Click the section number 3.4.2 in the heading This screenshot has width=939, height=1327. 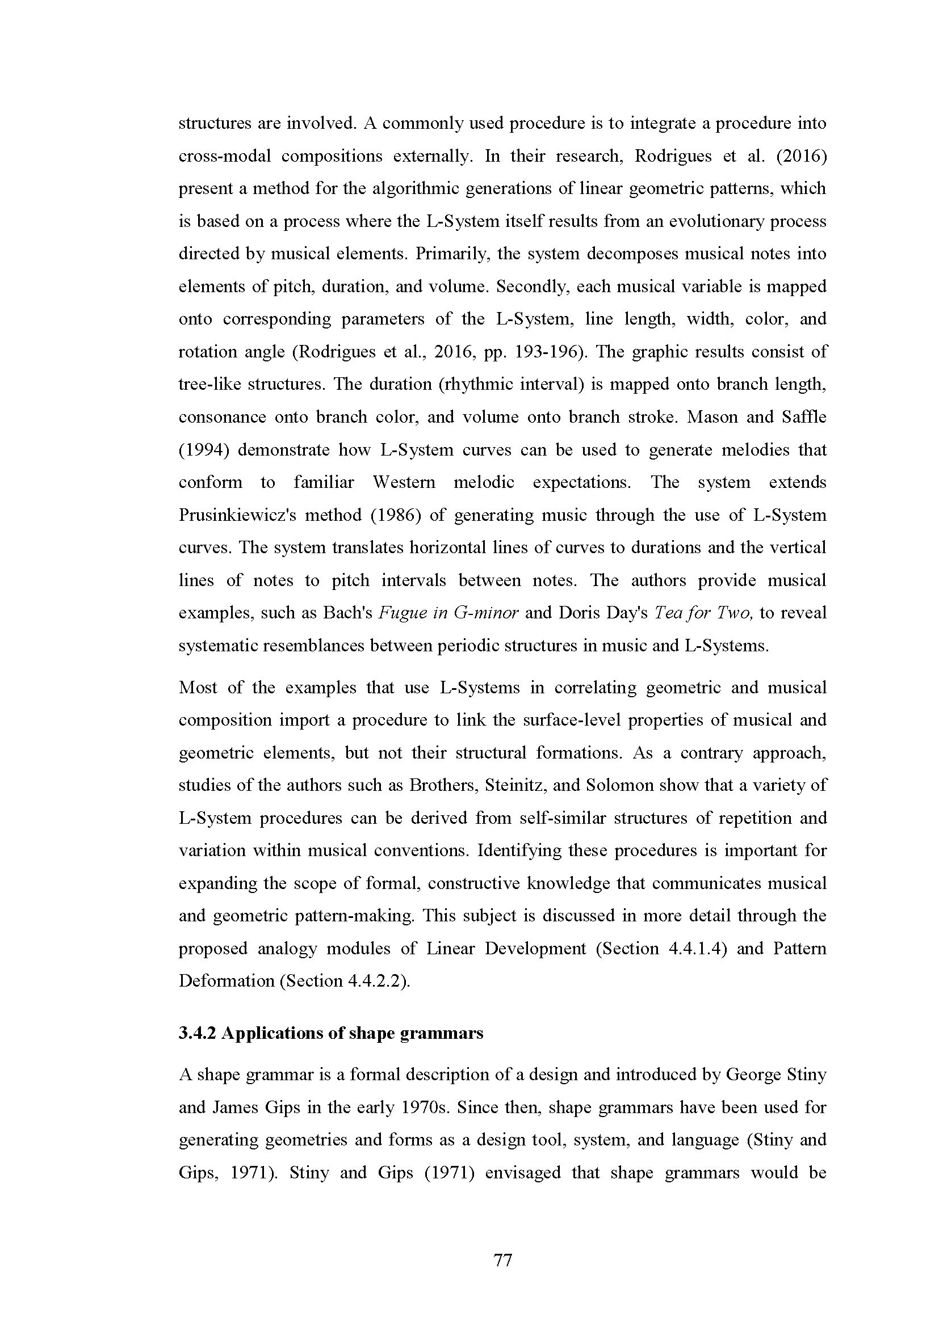pos(196,1033)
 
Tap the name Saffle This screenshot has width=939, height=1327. pos(807,417)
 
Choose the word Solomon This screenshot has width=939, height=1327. pos(619,785)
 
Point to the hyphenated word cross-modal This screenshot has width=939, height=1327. pos(224,156)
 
